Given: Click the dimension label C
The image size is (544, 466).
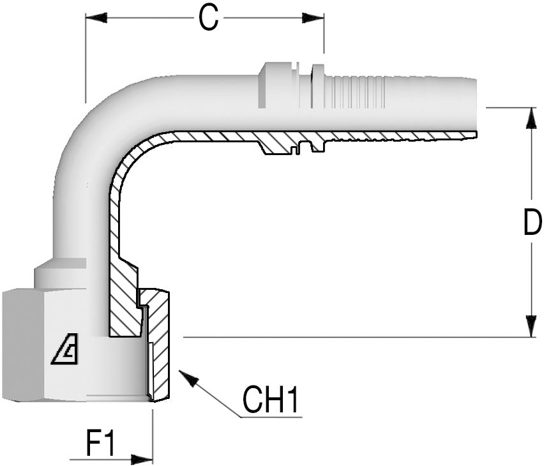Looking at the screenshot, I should coord(207,19).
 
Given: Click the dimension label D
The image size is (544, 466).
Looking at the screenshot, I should coord(531,223).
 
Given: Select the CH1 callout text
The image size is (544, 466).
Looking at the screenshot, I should coord(271,401).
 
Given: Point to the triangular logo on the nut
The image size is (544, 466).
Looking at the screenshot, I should coord(64,350).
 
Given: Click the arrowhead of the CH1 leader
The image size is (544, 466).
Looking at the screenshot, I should coord(186,376).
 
